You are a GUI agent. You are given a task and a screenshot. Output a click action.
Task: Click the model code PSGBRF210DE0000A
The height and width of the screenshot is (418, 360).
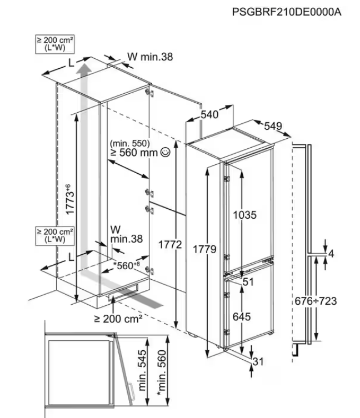tap(286, 12)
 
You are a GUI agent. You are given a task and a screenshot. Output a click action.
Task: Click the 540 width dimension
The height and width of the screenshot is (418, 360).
tap(209, 115)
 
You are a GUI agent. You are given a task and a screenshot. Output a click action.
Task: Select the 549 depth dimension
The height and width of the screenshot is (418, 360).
tap(273, 127)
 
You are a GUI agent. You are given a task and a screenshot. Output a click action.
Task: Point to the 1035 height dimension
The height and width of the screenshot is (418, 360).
tap(246, 215)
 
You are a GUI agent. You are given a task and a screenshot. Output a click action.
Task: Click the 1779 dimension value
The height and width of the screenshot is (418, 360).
tap(204, 250)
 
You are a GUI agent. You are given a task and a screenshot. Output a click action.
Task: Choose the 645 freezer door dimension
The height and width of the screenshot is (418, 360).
tap(242, 317)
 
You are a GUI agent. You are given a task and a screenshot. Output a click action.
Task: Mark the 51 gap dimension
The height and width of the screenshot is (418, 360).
tap(248, 281)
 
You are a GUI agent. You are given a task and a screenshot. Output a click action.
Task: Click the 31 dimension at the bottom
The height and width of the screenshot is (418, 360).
tap(257, 362)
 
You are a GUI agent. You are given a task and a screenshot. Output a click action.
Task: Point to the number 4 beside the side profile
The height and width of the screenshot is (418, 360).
tap(331, 254)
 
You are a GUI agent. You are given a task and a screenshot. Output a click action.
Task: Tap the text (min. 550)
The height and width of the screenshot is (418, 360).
tap(130, 143)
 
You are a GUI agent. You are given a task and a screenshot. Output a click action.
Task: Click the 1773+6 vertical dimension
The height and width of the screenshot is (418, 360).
tap(68, 199)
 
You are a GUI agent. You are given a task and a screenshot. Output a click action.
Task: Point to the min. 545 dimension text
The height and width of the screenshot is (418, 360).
tap(142, 371)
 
